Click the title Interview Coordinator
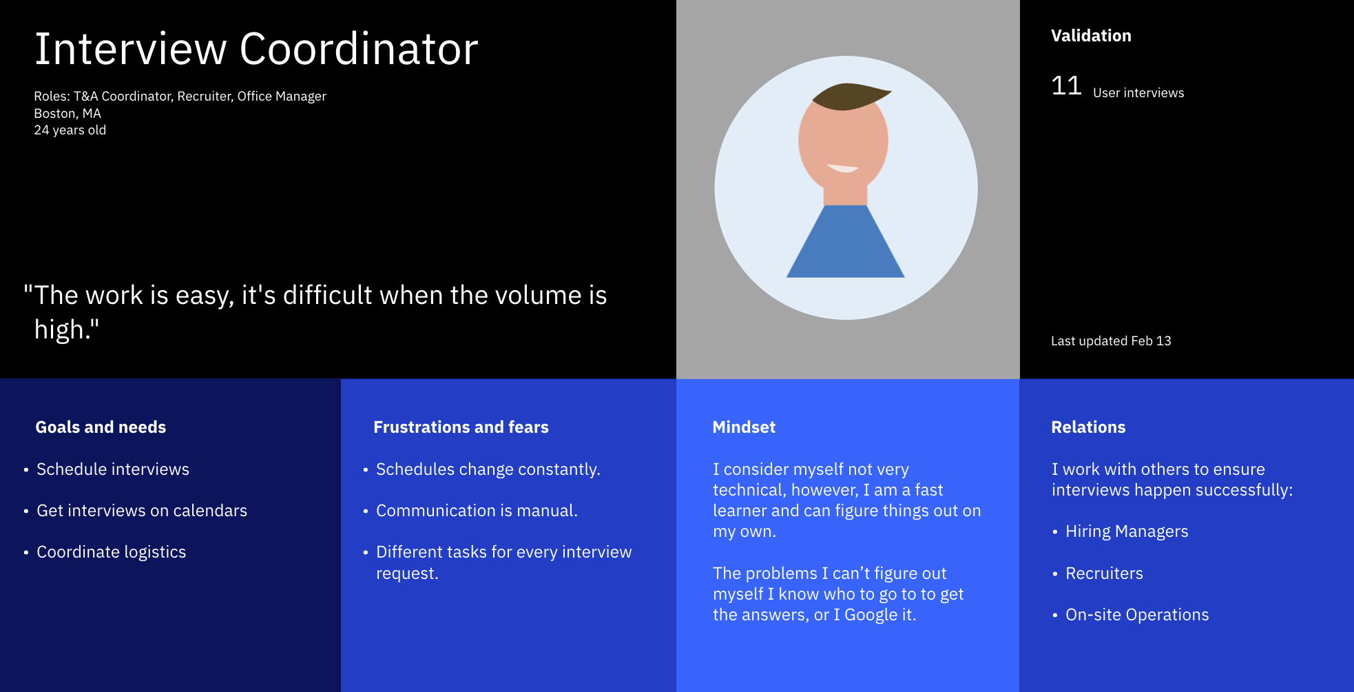pyautogui.click(x=256, y=49)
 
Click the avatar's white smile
pyautogui.click(x=842, y=168)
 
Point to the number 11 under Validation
pyautogui.click(x=1066, y=86)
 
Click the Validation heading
pyautogui.click(x=1091, y=36)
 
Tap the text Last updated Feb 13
pyautogui.click(x=1111, y=341)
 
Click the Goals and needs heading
pyautogui.click(x=101, y=427)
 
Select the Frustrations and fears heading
pyautogui.click(x=461, y=427)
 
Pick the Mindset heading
pyautogui.click(x=744, y=427)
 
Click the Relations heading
pyautogui.click(x=1088, y=427)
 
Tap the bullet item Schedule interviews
pyautogui.click(x=113, y=469)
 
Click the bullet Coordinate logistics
pyautogui.click(x=112, y=552)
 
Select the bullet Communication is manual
pyautogui.click(x=477, y=511)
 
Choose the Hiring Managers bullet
pyautogui.click(x=1127, y=531)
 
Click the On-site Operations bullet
pyautogui.click(x=1137, y=615)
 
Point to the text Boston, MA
pyautogui.click(x=67, y=114)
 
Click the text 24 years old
pyautogui.click(x=70, y=130)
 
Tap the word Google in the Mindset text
pyautogui.click(x=871, y=615)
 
